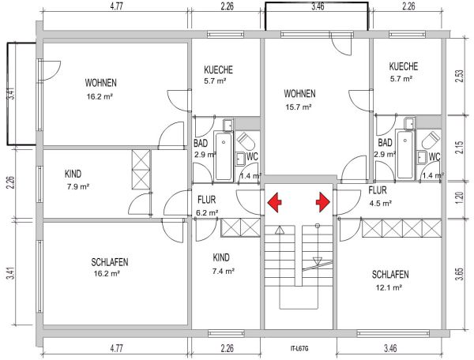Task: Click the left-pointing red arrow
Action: (x=274, y=203)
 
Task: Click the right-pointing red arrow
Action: (x=323, y=203)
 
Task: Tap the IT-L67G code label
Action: (x=299, y=348)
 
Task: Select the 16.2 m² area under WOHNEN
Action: (x=100, y=96)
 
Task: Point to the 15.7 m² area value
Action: (x=299, y=107)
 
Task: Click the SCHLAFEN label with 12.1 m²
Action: (x=390, y=274)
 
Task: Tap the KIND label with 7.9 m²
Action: (x=73, y=174)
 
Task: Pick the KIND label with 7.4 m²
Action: (x=221, y=257)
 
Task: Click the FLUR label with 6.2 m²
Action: (x=207, y=200)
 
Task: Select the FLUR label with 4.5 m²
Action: (x=378, y=190)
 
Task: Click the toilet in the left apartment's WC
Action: (x=246, y=141)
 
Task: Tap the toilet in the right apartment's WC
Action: (x=431, y=141)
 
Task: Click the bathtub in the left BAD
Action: (x=224, y=156)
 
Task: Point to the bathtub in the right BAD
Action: (x=405, y=155)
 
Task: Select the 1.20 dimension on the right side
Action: (x=459, y=198)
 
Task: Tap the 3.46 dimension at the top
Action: (x=318, y=6)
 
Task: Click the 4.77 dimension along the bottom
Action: (x=116, y=348)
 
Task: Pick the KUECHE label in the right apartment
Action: (x=403, y=66)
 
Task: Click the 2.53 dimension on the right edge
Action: (x=459, y=77)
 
